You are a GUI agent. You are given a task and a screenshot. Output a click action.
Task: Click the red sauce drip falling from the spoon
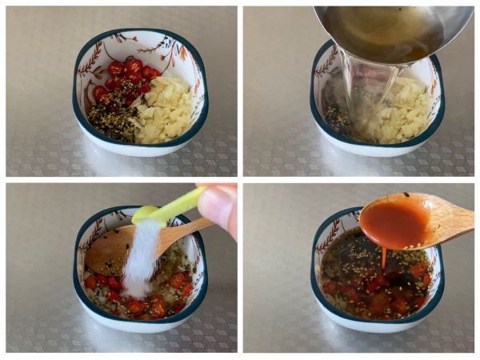[x=384, y=258]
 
